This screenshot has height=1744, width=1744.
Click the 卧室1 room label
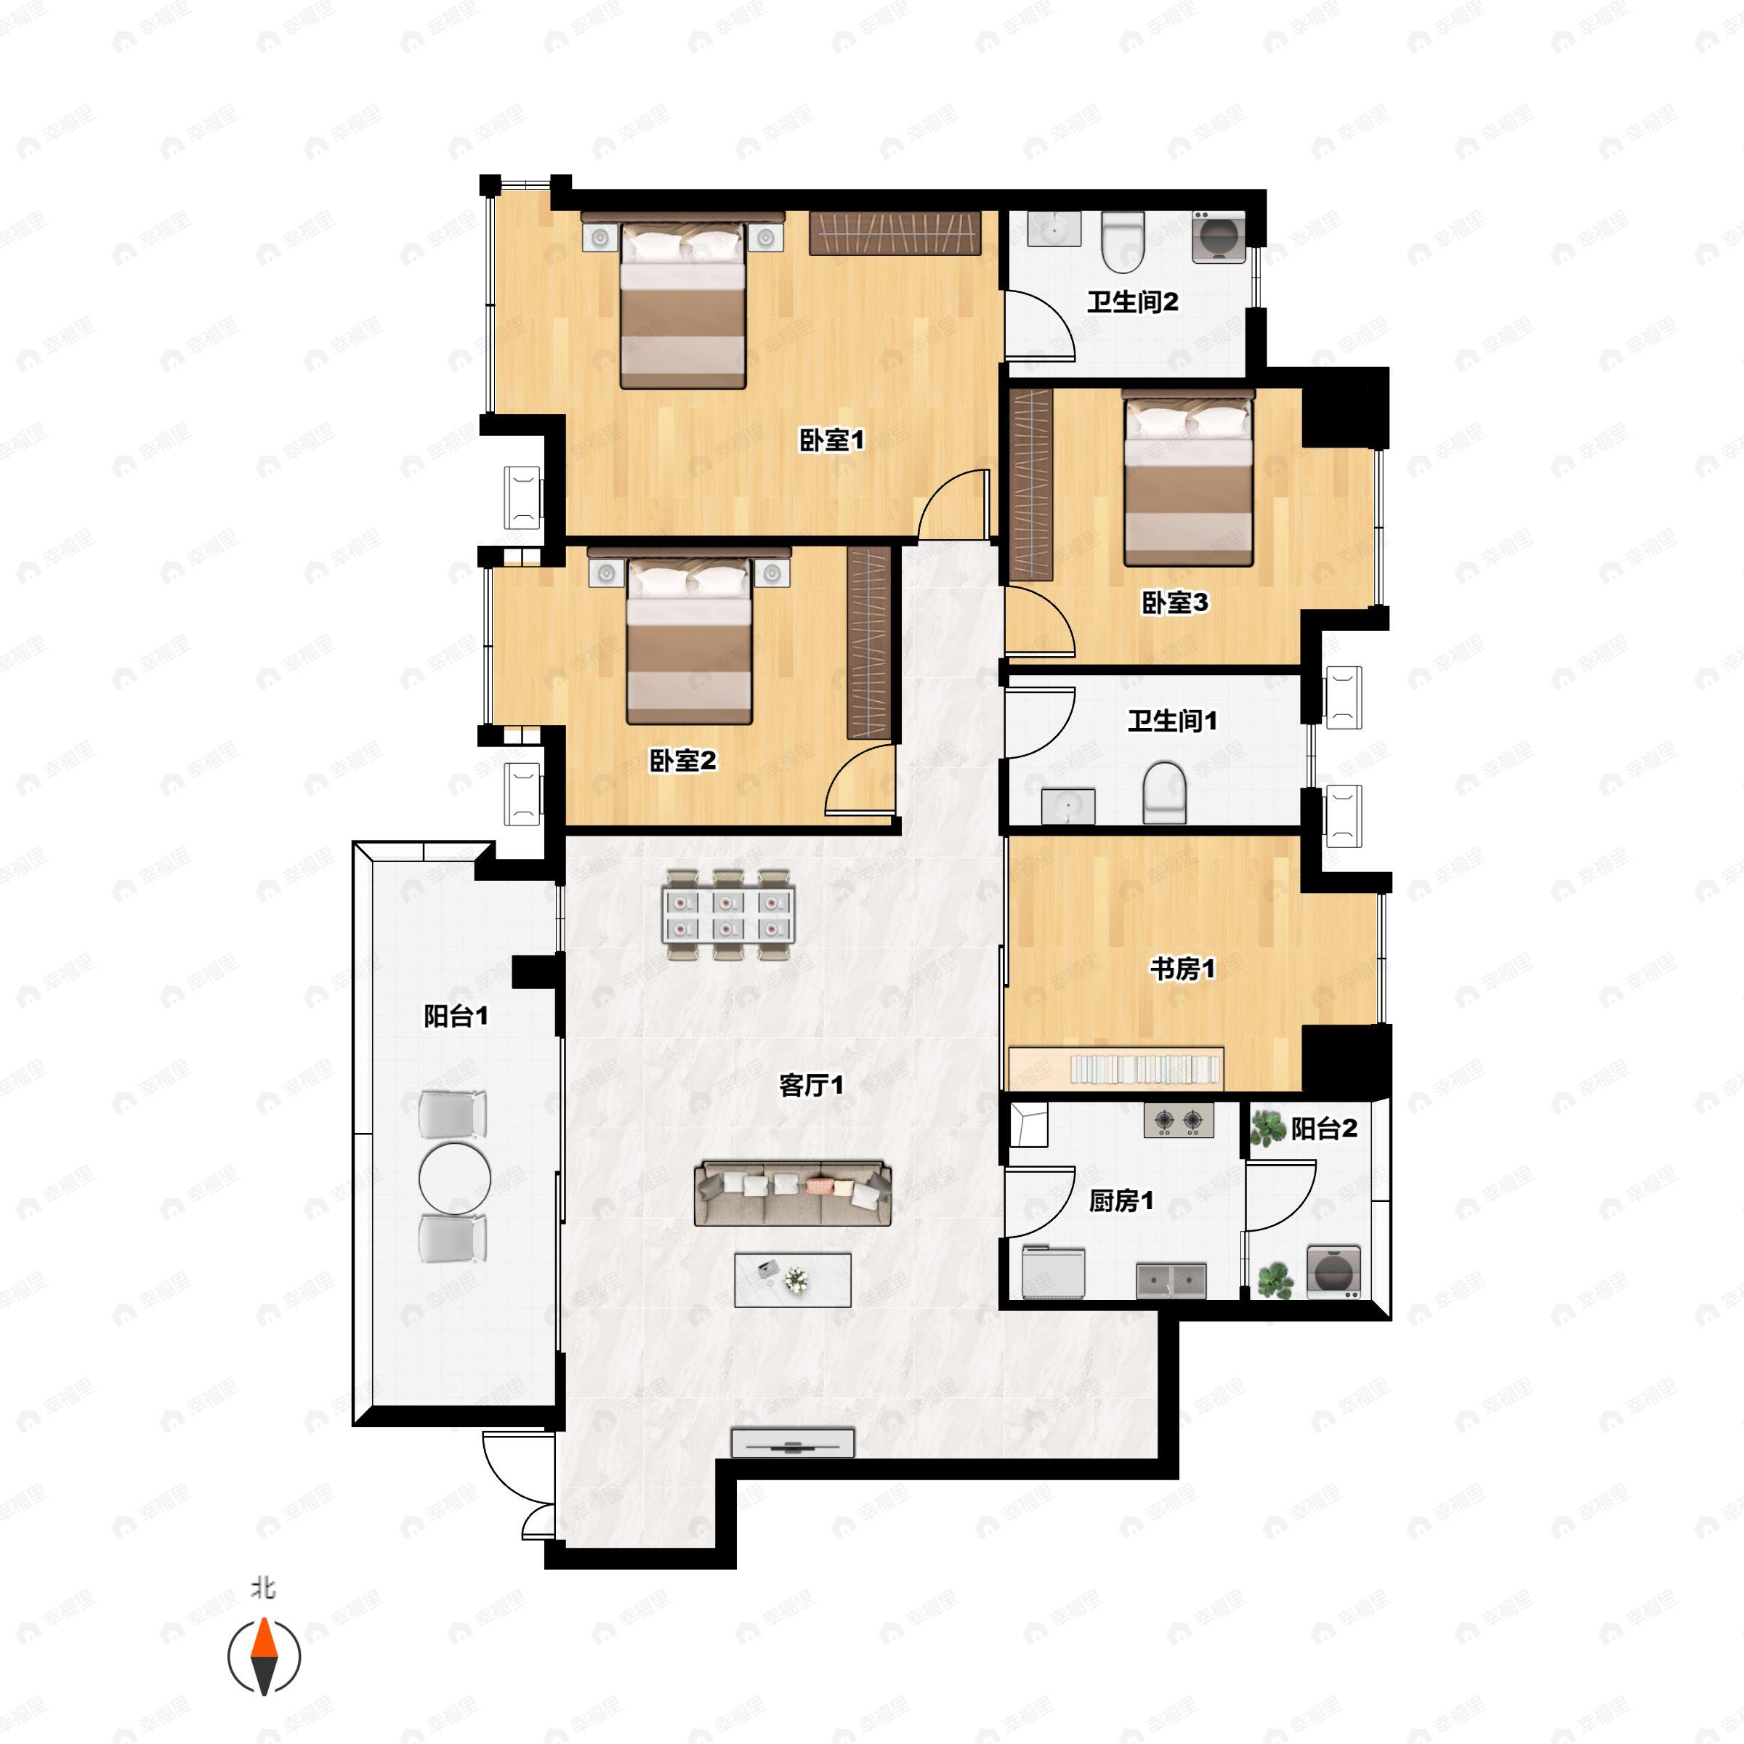coord(831,440)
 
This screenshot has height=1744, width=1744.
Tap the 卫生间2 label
coord(1132,301)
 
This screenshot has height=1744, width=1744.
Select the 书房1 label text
coord(1182,969)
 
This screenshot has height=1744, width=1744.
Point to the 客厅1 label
coord(811,1084)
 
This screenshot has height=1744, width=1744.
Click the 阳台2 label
coord(1323,1128)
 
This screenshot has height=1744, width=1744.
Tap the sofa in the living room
coord(793,1192)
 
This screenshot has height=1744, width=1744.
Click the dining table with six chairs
coord(727,914)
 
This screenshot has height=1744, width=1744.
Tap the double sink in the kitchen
coord(1171,1280)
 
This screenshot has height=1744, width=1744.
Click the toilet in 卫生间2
coord(1123,240)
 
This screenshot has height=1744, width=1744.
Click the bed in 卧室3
coord(1188,477)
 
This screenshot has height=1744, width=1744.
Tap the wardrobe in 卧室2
coord(868,642)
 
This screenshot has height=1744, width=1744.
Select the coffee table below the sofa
coord(793,1279)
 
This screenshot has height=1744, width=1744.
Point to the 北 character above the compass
coord(264,1588)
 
